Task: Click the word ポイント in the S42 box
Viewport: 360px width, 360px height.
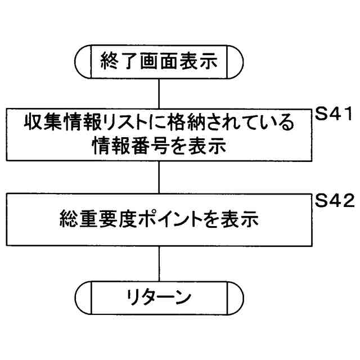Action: (165, 220)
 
